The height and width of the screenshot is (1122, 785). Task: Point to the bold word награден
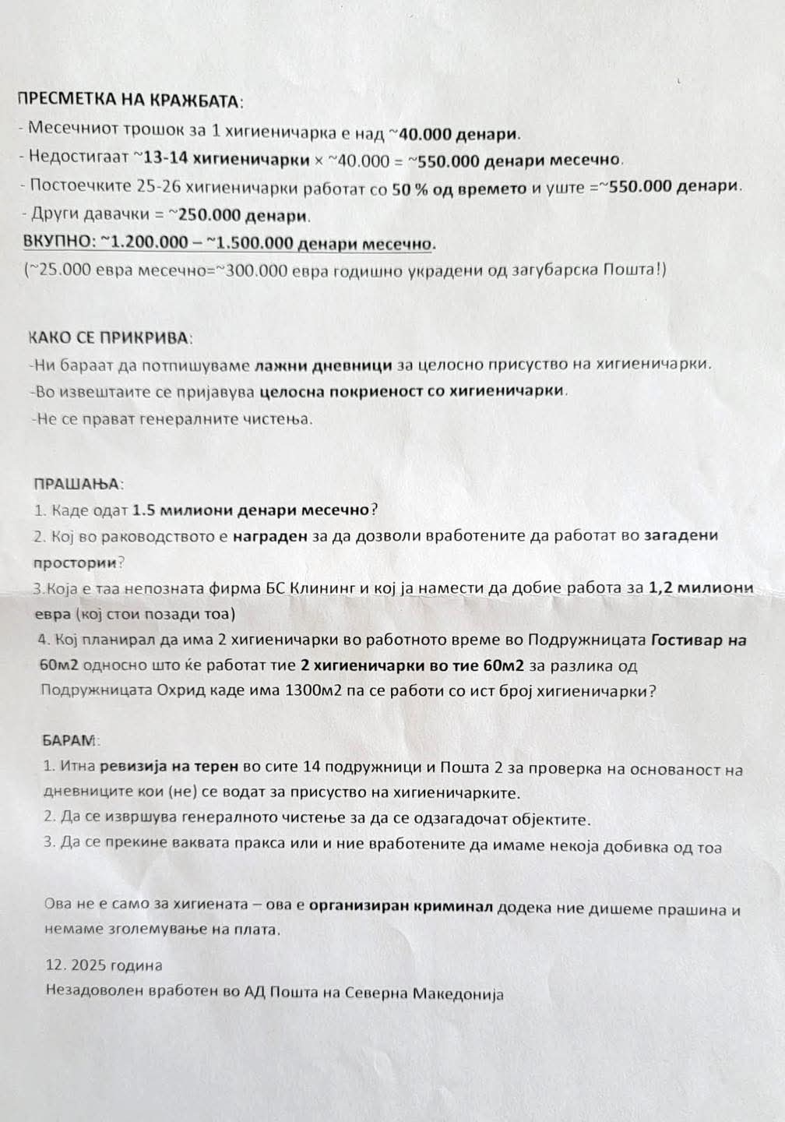269,536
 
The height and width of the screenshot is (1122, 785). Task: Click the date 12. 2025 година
104,965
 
